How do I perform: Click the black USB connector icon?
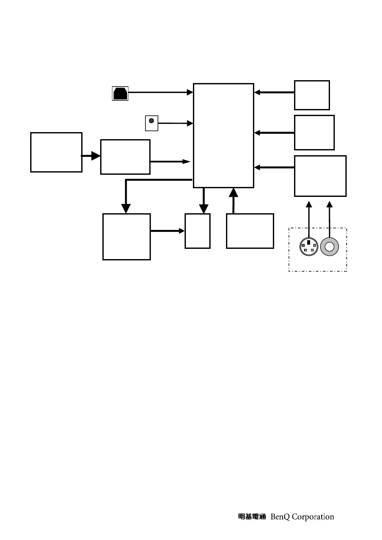click(x=120, y=93)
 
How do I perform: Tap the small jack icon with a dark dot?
click(x=152, y=123)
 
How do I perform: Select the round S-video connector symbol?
click(x=308, y=247)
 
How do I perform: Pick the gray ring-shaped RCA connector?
click(x=329, y=247)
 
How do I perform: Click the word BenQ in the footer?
click(x=280, y=517)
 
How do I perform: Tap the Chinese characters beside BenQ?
click(x=252, y=517)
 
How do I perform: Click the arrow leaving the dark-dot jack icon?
click(x=175, y=123)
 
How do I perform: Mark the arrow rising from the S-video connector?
click(x=309, y=220)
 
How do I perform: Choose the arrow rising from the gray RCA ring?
click(x=329, y=220)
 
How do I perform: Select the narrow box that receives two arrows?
click(x=197, y=231)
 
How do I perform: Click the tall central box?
click(x=223, y=136)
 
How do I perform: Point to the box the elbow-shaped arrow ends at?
click(x=126, y=237)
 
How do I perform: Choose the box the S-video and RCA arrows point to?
click(x=320, y=176)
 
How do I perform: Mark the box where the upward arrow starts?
click(x=250, y=231)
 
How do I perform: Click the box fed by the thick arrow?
click(x=125, y=157)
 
